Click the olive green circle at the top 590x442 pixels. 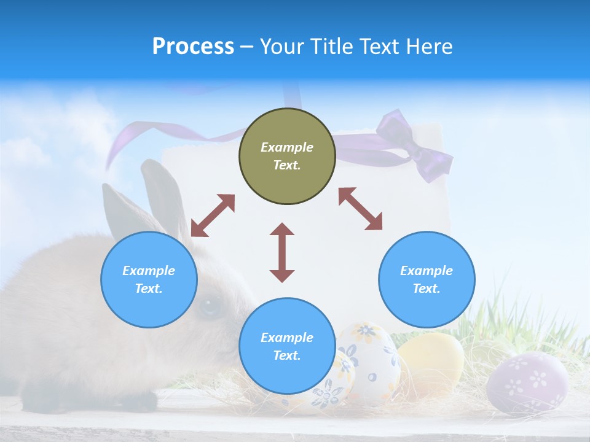[x=287, y=156]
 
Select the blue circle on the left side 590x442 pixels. [x=149, y=279]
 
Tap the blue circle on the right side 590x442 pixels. [x=427, y=279]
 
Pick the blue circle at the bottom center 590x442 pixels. [x=287, y=346]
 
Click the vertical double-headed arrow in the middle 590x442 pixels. [x=282, y=252]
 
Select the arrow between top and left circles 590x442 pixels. [x=213, y=215]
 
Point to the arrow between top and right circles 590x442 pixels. [x=360, y=209]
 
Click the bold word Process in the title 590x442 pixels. [x=193, y=46]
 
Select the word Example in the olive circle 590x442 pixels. [x=287, y=147]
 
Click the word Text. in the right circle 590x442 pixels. [x=427, y=289]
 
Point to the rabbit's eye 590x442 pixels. [x=210, y=304]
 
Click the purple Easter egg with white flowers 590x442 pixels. [x=527, y=382]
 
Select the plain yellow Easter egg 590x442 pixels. [x=432, y=362]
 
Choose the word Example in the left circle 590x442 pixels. [x=149, y=271]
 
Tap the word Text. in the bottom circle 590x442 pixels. [x=287, y=355]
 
